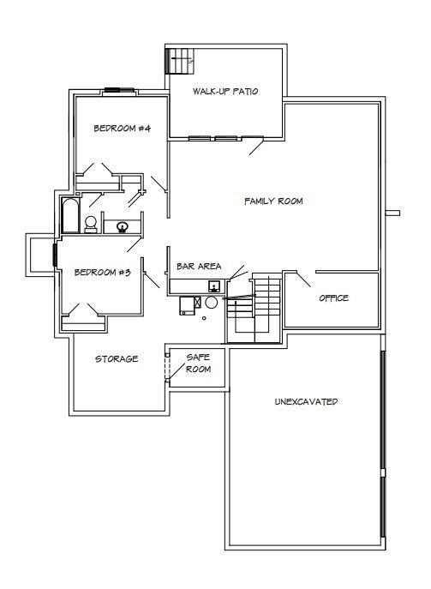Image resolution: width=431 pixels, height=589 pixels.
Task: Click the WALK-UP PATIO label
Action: coord(225,91)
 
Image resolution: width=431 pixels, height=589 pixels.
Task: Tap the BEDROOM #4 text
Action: coord(122,129)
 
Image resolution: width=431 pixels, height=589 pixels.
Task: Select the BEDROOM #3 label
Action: coord(103,273)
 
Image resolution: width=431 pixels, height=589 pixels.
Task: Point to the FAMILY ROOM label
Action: coord(273,201)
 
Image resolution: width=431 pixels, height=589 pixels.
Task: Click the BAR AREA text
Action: coord(199,267)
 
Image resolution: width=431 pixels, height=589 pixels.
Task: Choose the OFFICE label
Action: coord(334,298)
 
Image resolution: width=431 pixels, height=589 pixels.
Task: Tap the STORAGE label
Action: coord(117,359)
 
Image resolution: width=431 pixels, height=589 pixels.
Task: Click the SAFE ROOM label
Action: coord(198,364)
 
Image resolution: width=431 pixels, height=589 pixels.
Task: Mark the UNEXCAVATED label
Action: coord(306,401)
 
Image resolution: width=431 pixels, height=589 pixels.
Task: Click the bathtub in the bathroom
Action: coord(70,215)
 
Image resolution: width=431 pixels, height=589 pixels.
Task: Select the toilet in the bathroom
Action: coord(91,225)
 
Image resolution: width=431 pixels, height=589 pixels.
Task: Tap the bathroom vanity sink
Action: coord(122,227)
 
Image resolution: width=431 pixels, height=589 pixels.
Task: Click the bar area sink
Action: coord(214,286)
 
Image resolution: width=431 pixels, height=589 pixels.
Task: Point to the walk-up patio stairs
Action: coord(180,60)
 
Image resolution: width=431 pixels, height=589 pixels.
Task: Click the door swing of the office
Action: coord(303,279)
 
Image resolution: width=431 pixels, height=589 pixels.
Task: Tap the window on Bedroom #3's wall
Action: coord(55,255)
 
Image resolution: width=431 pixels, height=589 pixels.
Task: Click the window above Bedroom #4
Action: coord(119,90)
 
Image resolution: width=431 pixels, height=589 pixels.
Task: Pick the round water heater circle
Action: coord(212,303)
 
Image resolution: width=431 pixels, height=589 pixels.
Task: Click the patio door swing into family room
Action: coord(257,147)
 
